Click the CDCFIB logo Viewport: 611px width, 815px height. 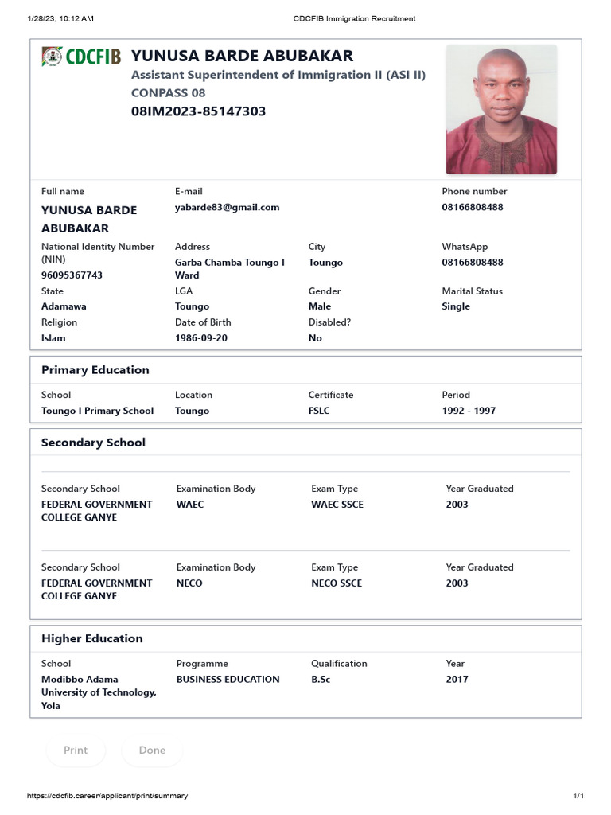pyautogui.click(x=81, y=57)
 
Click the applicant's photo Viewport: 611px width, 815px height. pyautogui.click(x=501, y=109)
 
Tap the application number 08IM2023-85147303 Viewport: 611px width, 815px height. pyautogui.click(x=198, y=111)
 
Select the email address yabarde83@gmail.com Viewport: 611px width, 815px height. pyautogui.click(x=227, y=207)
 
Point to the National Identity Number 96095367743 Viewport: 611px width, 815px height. pyautogui.click(x=72, y=275)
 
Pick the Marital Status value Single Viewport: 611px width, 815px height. pyautogui.click(x=456, y=306)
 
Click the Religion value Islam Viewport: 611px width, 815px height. pyautogui.click(x=53, y=338)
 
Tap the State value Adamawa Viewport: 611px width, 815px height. pyautogui.click(x=64, y=306)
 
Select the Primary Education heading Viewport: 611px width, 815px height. pyautogui.click(x=95, y=370)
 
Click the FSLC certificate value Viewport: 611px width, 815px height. pyautogui.click(x=319, y=411)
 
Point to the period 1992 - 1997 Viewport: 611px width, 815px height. pyautogui.click(x=469, y=411)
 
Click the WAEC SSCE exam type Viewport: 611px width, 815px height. pyautogui.click(x=337, y=505)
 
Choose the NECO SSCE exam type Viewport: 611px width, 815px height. pyautogui.click(x=336, y=583)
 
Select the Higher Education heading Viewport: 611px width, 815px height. pyautogui.click(x=91, y=638)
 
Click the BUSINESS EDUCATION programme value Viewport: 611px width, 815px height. pyautogui.click(x=228, y=680)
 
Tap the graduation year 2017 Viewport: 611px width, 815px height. pyautogui.click(x=457, y=680)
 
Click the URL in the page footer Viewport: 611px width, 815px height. pyautogui.click(x=107, y=796)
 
